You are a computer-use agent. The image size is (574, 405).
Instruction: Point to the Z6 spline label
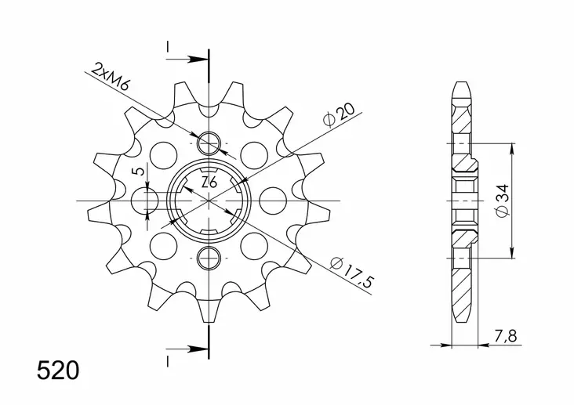click(209, 183)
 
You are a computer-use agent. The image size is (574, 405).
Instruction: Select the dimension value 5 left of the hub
click(138, 172)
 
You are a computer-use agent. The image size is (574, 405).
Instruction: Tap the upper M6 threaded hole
click(209, 143)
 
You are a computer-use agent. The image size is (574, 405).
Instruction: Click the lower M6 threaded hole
click(209, 256)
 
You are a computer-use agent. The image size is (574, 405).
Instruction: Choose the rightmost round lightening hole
click(272, 200)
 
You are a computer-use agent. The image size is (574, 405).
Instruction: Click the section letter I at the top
click(168, 49)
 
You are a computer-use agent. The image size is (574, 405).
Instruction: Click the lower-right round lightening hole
click(252, 247)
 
